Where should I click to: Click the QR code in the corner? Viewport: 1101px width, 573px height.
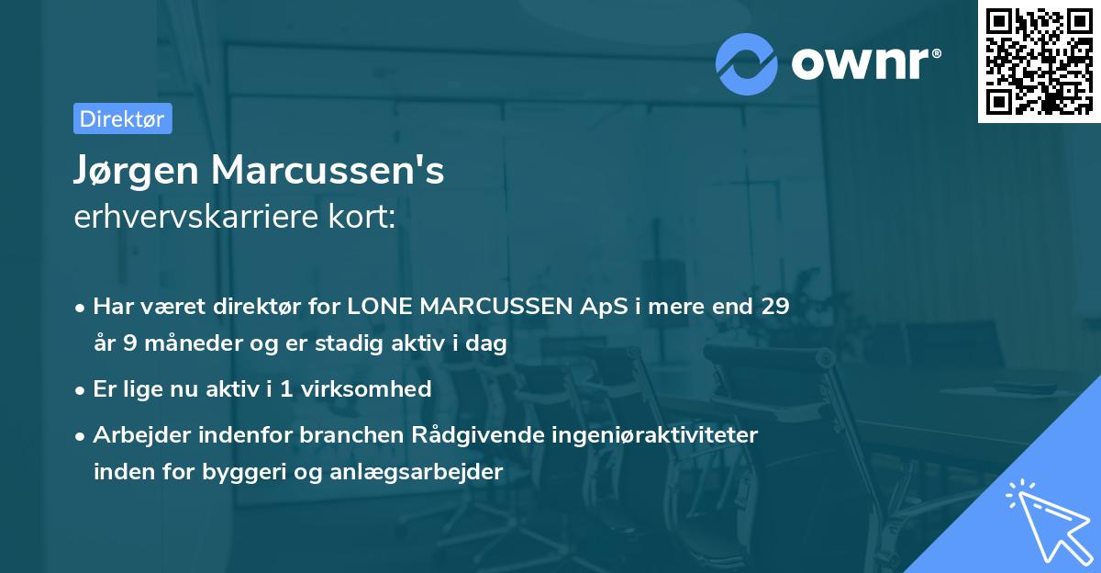[x=1039, y=62]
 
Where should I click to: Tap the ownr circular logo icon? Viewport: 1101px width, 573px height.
[x=747, y=63]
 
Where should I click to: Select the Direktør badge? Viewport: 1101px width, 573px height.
[x=122, y=118]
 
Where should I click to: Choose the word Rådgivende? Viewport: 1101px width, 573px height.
[x=508, y=434]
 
